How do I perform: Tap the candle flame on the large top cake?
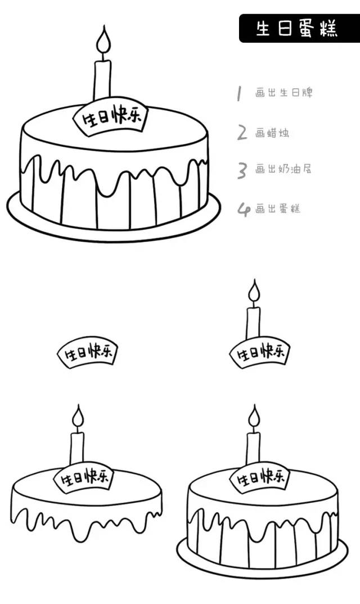[103, 42]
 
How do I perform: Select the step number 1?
[239, 93]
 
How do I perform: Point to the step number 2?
[242, 133]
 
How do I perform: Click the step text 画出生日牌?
[283, 93]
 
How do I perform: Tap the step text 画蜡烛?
[272, 133]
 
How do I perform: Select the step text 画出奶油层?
[283, 169]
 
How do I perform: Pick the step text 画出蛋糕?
[278, 209]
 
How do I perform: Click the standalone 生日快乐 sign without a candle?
[88, 354]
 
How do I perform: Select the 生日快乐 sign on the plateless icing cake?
[84, 479]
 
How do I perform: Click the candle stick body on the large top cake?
[102, 79]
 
